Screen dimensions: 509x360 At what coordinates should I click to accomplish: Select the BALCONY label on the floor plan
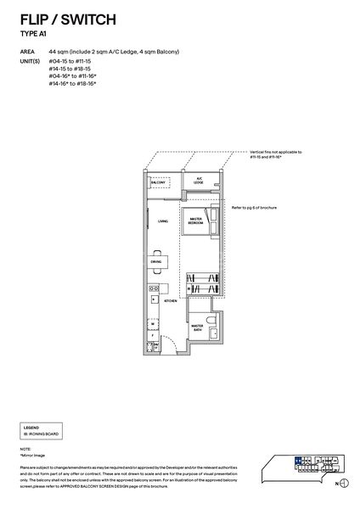pos(157,182)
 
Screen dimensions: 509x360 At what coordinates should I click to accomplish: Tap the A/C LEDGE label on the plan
pos(197,182)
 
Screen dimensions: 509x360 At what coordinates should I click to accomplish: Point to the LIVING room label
pos(162,221)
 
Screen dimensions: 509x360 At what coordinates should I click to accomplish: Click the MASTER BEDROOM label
pos(195,221)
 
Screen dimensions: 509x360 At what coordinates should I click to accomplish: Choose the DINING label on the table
pos(156,262)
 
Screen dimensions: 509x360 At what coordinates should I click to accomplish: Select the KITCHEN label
pos(169,301)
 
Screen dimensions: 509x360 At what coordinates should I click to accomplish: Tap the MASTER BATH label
pos(197,327)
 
